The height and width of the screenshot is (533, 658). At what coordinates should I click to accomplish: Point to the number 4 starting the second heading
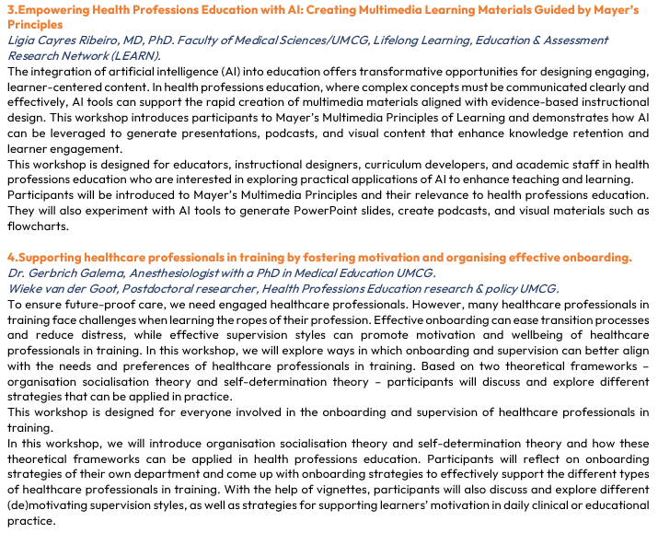pyautogui.click(x=10, y=257)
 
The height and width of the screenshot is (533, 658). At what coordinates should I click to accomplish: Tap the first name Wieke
pyautogui.click(x=25, y=288)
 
